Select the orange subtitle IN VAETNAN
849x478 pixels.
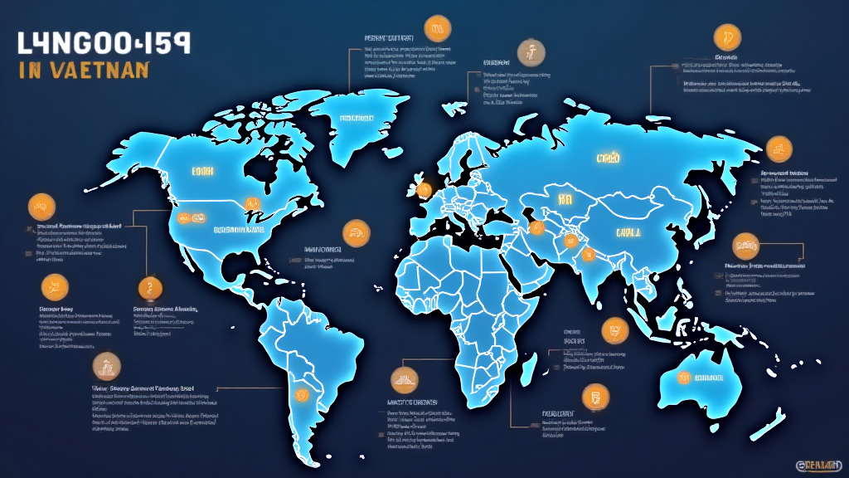point(83,70)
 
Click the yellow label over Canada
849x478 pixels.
point(203,171)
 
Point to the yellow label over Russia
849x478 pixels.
point(608,157)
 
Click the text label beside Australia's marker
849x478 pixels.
point(712,378)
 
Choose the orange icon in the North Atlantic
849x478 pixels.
point(355,233)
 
